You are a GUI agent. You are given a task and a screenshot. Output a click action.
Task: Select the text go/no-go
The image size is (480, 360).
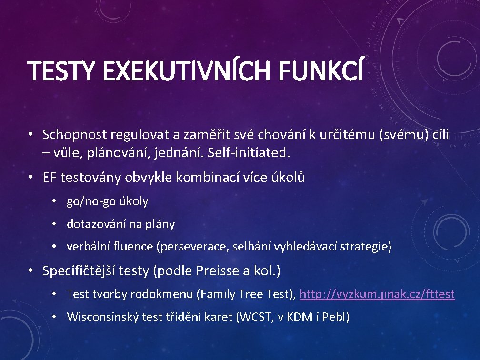[89, 201]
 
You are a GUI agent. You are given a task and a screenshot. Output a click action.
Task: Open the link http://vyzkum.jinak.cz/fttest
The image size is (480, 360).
[377, 294]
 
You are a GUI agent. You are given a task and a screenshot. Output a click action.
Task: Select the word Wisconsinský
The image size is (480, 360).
[103, 317]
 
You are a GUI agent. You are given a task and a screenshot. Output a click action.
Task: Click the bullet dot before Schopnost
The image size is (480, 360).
[30, 135]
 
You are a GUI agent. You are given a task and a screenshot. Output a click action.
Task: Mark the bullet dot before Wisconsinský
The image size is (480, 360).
[55, 317]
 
